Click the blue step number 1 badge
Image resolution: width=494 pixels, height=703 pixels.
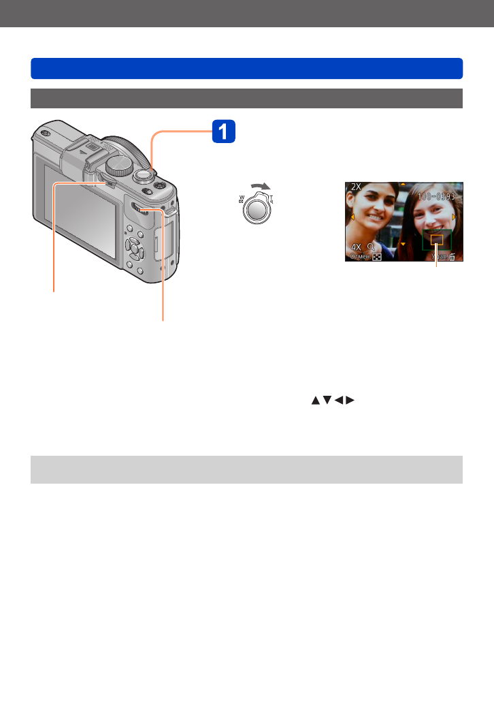(x=224, y=131)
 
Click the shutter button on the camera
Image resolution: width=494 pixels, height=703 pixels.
(x=144, y=174)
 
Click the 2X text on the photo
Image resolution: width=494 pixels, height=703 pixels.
(x=357, y=187)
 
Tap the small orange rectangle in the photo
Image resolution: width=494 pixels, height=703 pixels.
(x=436, y=240)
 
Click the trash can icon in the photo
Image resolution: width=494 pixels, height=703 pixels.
(x=452, y=257)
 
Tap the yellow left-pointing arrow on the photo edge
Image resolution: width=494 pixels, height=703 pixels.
(x=352, y=217)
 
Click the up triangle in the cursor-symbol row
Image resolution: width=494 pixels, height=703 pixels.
(x=315, y=401)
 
